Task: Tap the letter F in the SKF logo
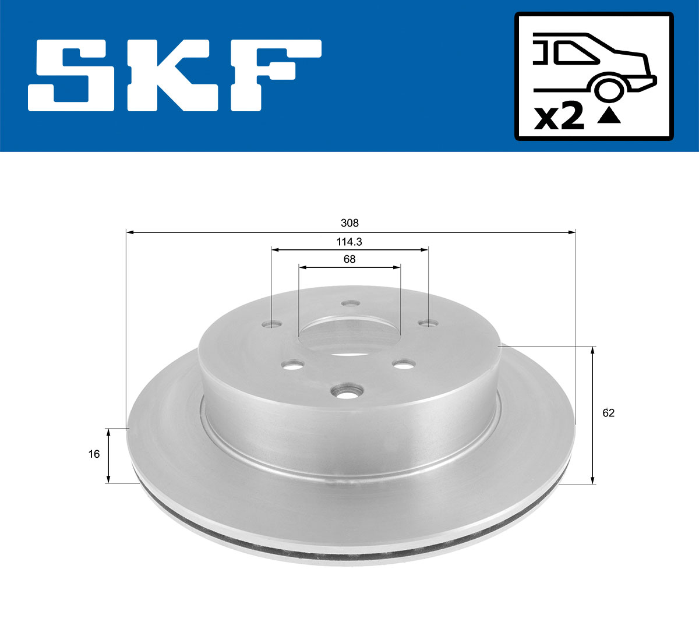tap(274, 75)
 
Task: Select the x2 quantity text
tap(559, 118)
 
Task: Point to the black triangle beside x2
tap(609, 116)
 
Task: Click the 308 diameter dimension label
tap(349, 223)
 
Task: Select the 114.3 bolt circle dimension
tap(349, 241)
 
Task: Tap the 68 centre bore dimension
tap(349, 259)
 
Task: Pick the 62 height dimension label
tap(609, 413)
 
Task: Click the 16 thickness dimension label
tap(94, 454)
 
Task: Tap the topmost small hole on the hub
tap(350, 303)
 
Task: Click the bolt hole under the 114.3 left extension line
tap(271, 323)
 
